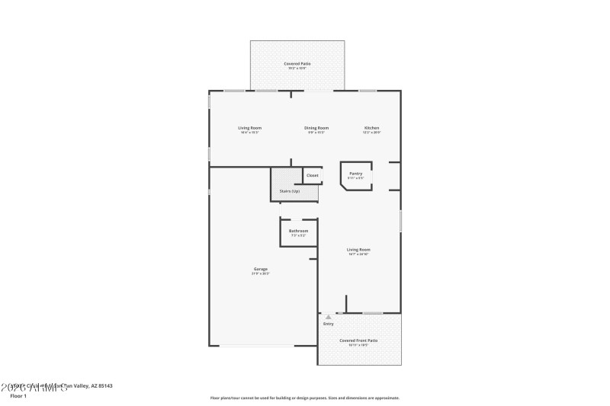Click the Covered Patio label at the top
coord(297,64)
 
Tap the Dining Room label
coord(317,128)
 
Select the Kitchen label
coord(371,128)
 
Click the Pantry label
coord(355,173)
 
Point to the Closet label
coord(313,176)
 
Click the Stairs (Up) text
coord(290,191)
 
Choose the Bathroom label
coord(298,231)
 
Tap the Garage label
coord(261,269)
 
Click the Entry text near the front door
coord(329,324)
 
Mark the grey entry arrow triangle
coord(329,317)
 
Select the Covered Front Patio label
coord(358,340)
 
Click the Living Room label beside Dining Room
coord(249,128)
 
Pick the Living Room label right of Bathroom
coord(358,249)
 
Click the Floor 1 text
coord(18,396)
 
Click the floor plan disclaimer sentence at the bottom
coord(304,398)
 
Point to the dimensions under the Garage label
coord(261,274)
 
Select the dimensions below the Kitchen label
coord(371,133)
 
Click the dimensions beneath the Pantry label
coord(355,177)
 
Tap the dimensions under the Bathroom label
coord(298,235)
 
